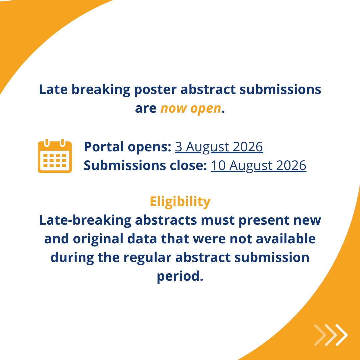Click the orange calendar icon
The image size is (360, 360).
coord(55,156)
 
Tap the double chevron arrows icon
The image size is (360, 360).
coord(331,335)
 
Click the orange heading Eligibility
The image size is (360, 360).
coord(180,202)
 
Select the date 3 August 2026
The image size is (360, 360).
coord(219,147)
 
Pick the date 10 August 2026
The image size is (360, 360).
coord(258,166)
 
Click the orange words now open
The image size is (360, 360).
coord(191,108)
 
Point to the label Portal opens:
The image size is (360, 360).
coord(127,147)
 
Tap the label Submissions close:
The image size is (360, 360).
coord(145,165)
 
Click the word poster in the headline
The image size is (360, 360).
coord(155,90)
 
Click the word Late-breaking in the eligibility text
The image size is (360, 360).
coord(85,220)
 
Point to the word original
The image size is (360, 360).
coord(98,239)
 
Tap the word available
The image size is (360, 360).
coord(286,239)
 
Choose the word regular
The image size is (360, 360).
coord(147,258)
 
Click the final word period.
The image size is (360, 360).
coord(180,276)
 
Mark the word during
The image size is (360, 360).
coord(72,258)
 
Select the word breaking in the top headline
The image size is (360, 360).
coord(101,90)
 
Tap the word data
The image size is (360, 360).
coord(142,239)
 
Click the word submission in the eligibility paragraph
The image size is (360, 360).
coord(272,257)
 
